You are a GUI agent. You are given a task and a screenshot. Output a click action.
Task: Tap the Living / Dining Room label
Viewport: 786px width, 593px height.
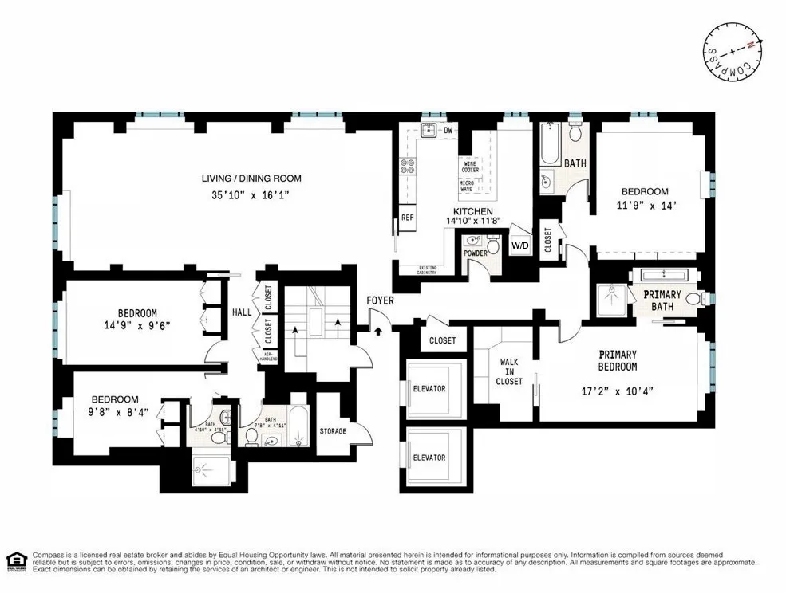tap(251, 179)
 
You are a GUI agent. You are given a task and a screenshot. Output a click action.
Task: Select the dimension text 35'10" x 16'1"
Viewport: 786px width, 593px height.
tap(251, 194)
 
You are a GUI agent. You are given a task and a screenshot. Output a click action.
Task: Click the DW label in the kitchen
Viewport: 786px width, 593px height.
tap(448, 131)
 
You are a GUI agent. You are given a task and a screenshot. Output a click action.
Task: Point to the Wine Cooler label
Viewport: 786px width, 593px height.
tap(468, 166)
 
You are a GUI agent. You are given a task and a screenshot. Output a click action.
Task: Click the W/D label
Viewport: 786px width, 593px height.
tap(520, 245)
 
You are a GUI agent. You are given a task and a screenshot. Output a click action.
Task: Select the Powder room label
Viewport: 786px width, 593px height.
tap(476, 253)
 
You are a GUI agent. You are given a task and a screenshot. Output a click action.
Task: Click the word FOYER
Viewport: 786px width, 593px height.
tap(380, 300)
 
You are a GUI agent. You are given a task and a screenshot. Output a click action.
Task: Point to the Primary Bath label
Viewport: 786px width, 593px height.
tap(663, 300)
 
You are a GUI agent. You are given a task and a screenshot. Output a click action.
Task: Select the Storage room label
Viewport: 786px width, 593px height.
tap(333, 431)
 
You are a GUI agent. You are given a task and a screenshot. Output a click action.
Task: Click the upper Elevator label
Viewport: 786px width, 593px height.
tap(429, 388)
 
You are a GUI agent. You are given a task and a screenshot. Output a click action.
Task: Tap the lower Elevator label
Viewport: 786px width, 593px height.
tap(429, 458)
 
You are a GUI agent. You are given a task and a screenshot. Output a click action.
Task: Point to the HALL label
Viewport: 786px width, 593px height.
tap(242, 312)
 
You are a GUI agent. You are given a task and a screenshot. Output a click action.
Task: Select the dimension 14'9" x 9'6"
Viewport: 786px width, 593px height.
tap(127, 325)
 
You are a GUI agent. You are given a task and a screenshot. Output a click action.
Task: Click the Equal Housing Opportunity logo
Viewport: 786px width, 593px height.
tap(15, 561)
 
